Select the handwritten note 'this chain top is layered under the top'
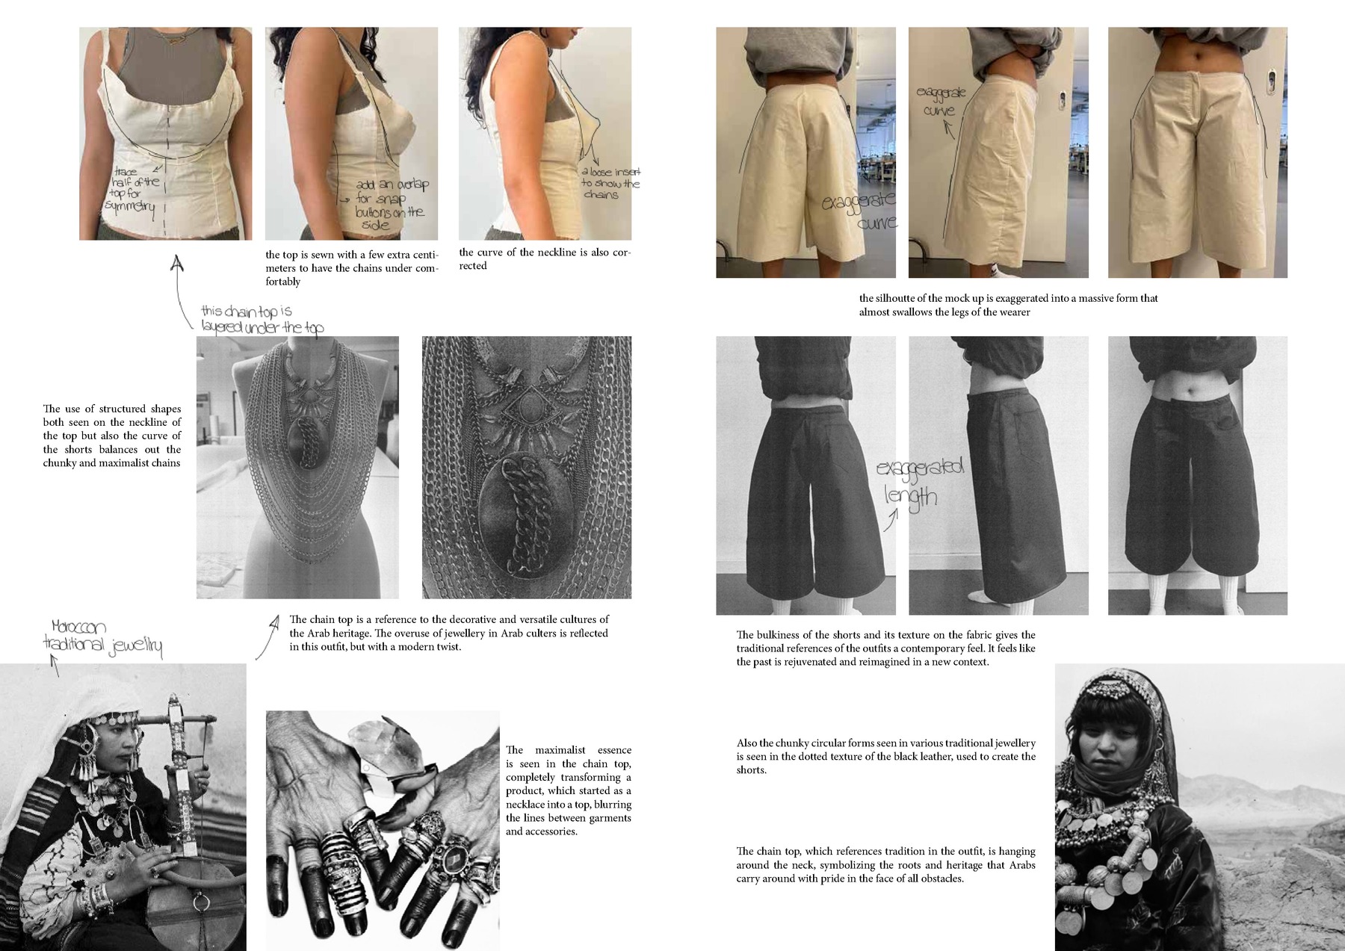(262, 319)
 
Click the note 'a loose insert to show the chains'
(610, 183)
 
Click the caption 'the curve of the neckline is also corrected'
(545, 259)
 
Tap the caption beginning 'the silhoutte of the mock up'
(1008, 305)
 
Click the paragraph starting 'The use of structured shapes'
(112, 436)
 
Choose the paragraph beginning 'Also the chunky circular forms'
(885, 756)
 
